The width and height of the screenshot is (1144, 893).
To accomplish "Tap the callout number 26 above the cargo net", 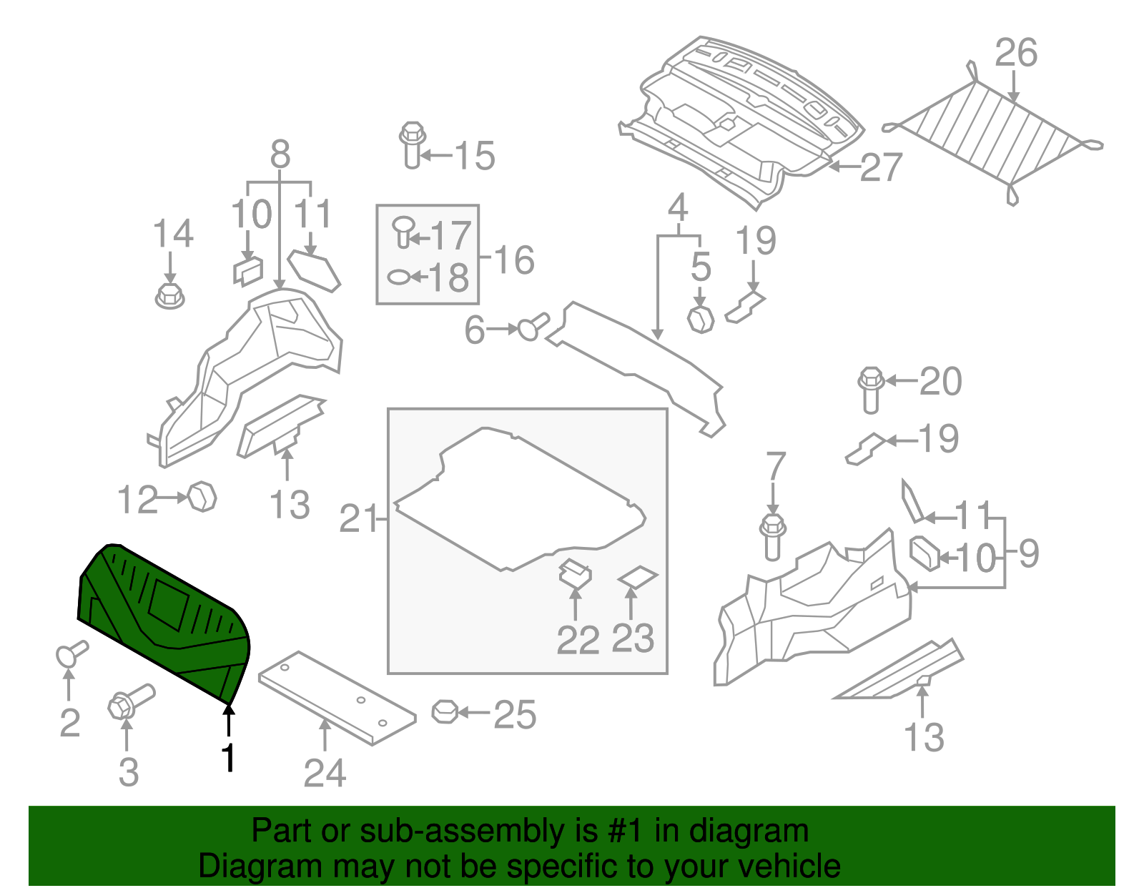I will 1015,54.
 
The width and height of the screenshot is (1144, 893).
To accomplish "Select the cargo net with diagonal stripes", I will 994,136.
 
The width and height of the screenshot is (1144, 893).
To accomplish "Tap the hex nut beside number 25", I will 444,711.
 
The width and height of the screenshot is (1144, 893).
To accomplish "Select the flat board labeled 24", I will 336,697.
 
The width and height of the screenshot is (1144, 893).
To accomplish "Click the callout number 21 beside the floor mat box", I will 357,519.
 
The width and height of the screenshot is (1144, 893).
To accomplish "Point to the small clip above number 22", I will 575,572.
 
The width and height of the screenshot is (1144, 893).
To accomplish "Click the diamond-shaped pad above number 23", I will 637,577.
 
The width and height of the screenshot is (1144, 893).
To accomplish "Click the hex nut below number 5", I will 700,319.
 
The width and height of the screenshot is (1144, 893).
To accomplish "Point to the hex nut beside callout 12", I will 202,496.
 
